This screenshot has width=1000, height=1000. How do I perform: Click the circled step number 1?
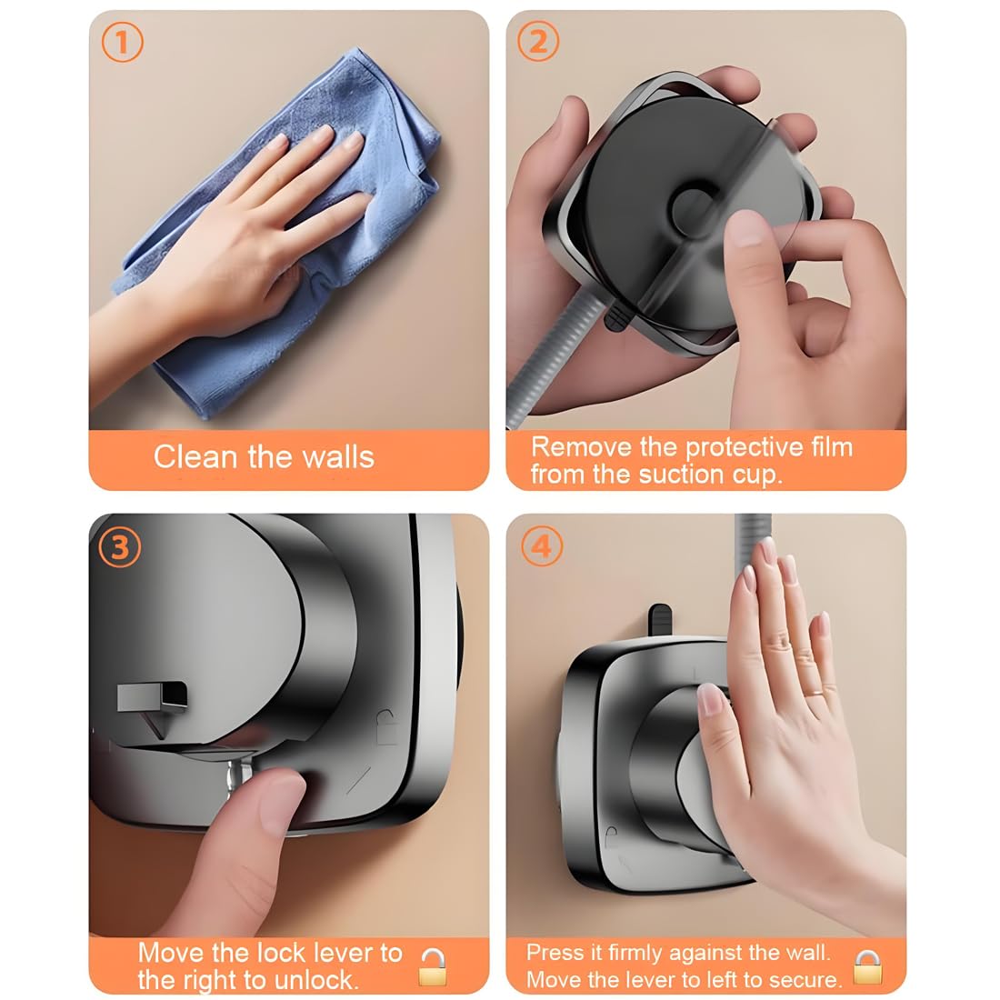pyautogui.click(x=122, y=44)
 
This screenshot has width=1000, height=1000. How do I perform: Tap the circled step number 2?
pyautogui.click(x=538, y=44)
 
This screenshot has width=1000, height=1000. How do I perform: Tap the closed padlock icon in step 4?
pyautogui.click(x=867, y=967)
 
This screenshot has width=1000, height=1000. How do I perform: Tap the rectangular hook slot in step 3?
pyautogui.click(x=153, y=697)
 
